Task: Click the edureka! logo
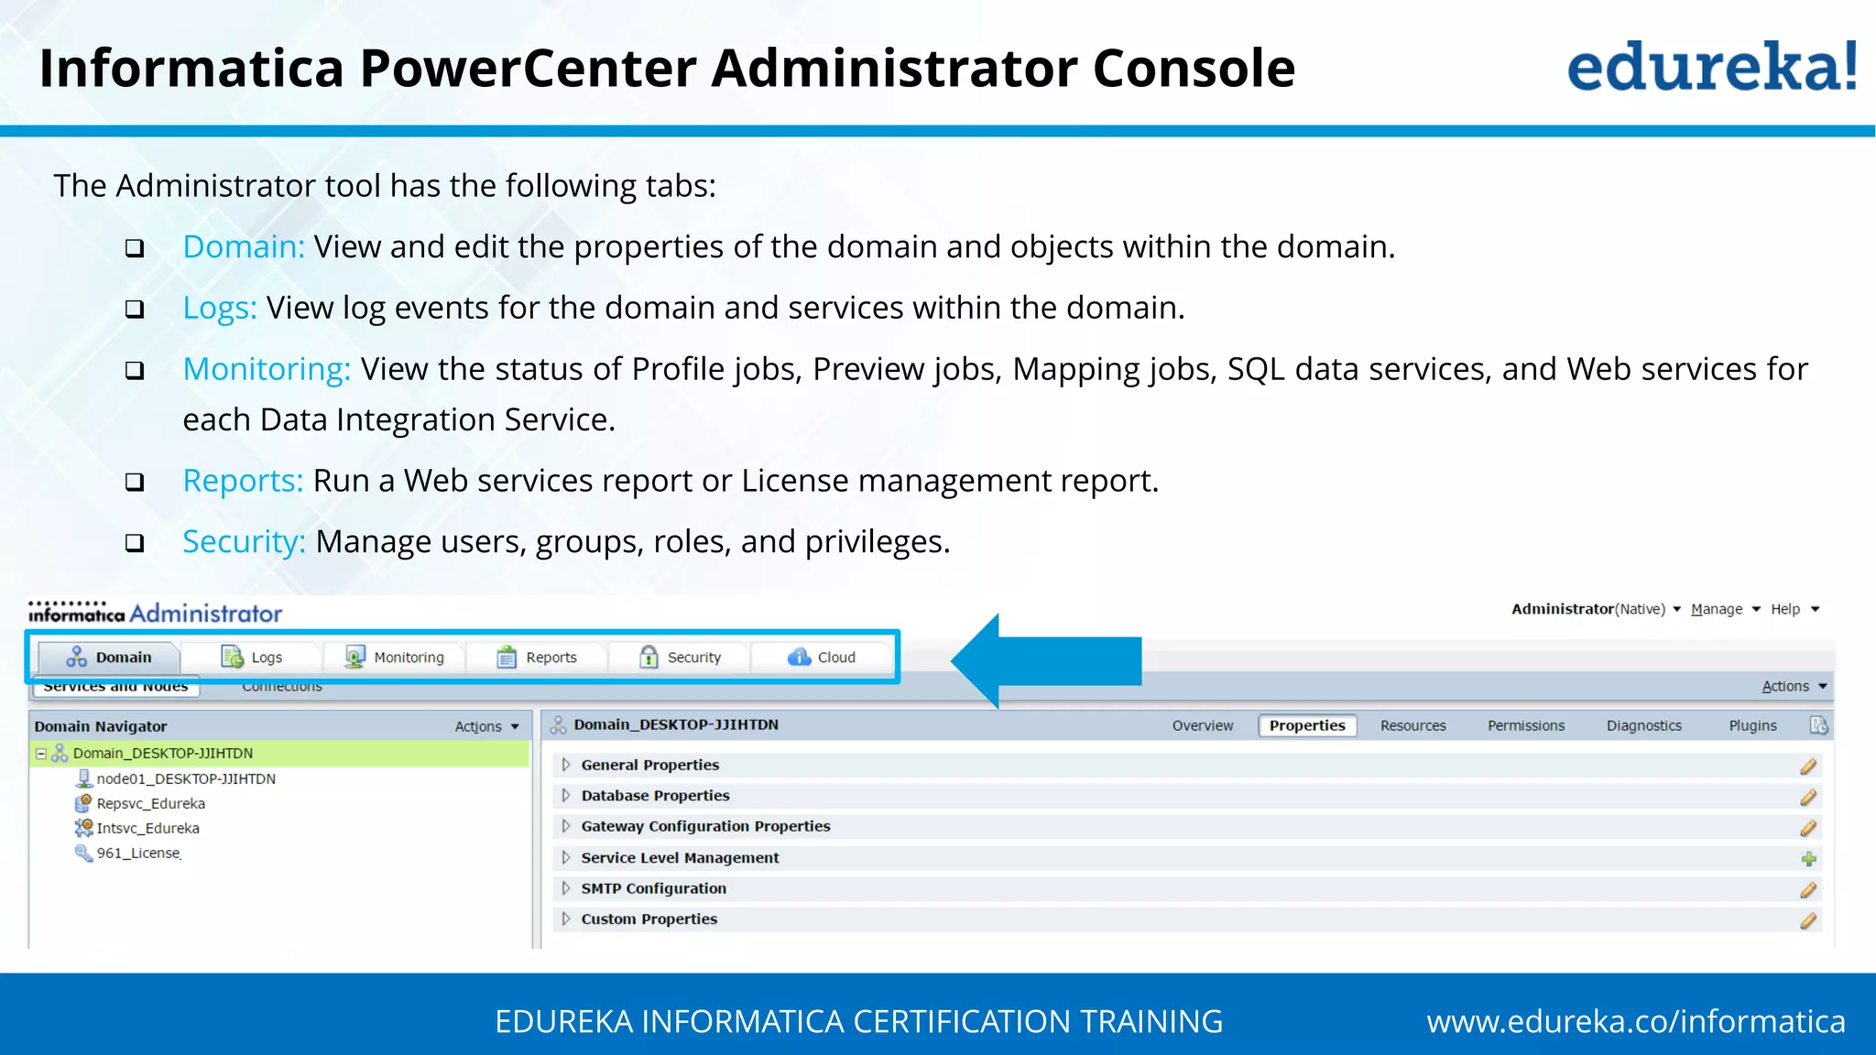(1711, 68)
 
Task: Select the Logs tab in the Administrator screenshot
(252, 658)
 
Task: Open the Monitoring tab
(395, 658)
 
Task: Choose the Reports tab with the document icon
(538, 658)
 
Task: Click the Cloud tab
(822, 658)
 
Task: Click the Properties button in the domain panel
(1307, 725)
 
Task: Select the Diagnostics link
(1643, 725)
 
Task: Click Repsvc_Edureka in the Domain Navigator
(150, 803)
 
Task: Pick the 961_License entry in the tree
(138, 853)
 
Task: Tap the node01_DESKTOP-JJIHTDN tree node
(186, 778)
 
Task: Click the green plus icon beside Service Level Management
(1808, 859)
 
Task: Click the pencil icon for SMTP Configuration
(1808, 889)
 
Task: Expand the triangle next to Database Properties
(566, 795)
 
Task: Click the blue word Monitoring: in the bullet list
(267, 369)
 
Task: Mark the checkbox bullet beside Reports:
(135, 482)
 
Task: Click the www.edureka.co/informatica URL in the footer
(1635, 1021)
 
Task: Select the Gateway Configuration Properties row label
(705, 826)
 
